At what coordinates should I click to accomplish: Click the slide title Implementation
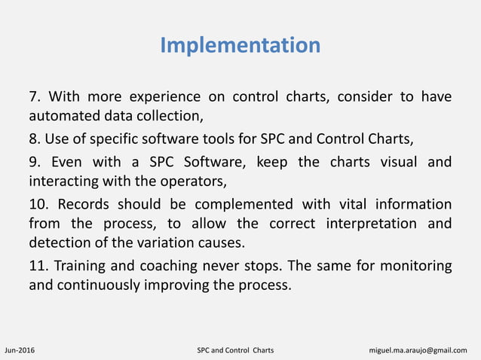[240, 45]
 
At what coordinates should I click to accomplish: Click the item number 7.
[34, 96]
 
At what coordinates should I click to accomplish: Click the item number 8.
[34, 139]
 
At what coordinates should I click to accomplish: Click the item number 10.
[38, 204]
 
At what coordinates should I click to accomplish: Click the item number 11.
[38, 266]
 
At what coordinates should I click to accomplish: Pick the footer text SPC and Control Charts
[235, 350]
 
